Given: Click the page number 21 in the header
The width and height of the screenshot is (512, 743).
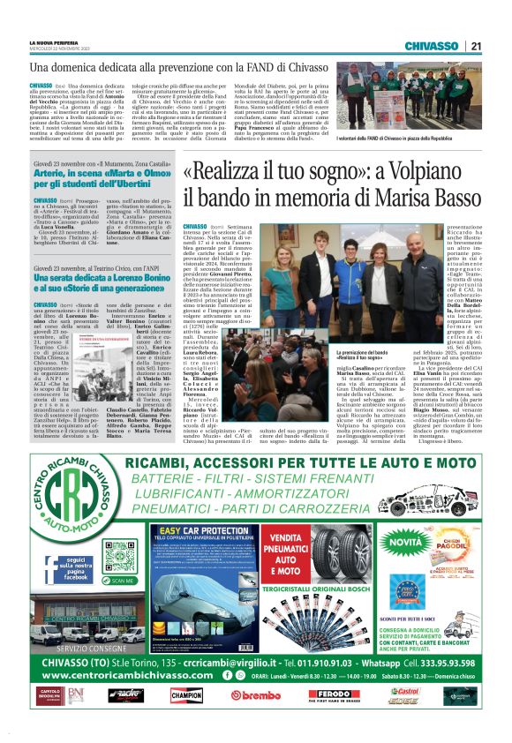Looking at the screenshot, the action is tap(475, 46).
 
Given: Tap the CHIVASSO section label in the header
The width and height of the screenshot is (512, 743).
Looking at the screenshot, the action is tap(433, 46).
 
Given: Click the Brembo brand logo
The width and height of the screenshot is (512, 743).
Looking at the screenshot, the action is tap(255, 694).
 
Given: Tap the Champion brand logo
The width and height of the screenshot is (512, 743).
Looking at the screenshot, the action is tap(187, 694).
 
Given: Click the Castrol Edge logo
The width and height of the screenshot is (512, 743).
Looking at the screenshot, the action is tap(404, 694).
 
